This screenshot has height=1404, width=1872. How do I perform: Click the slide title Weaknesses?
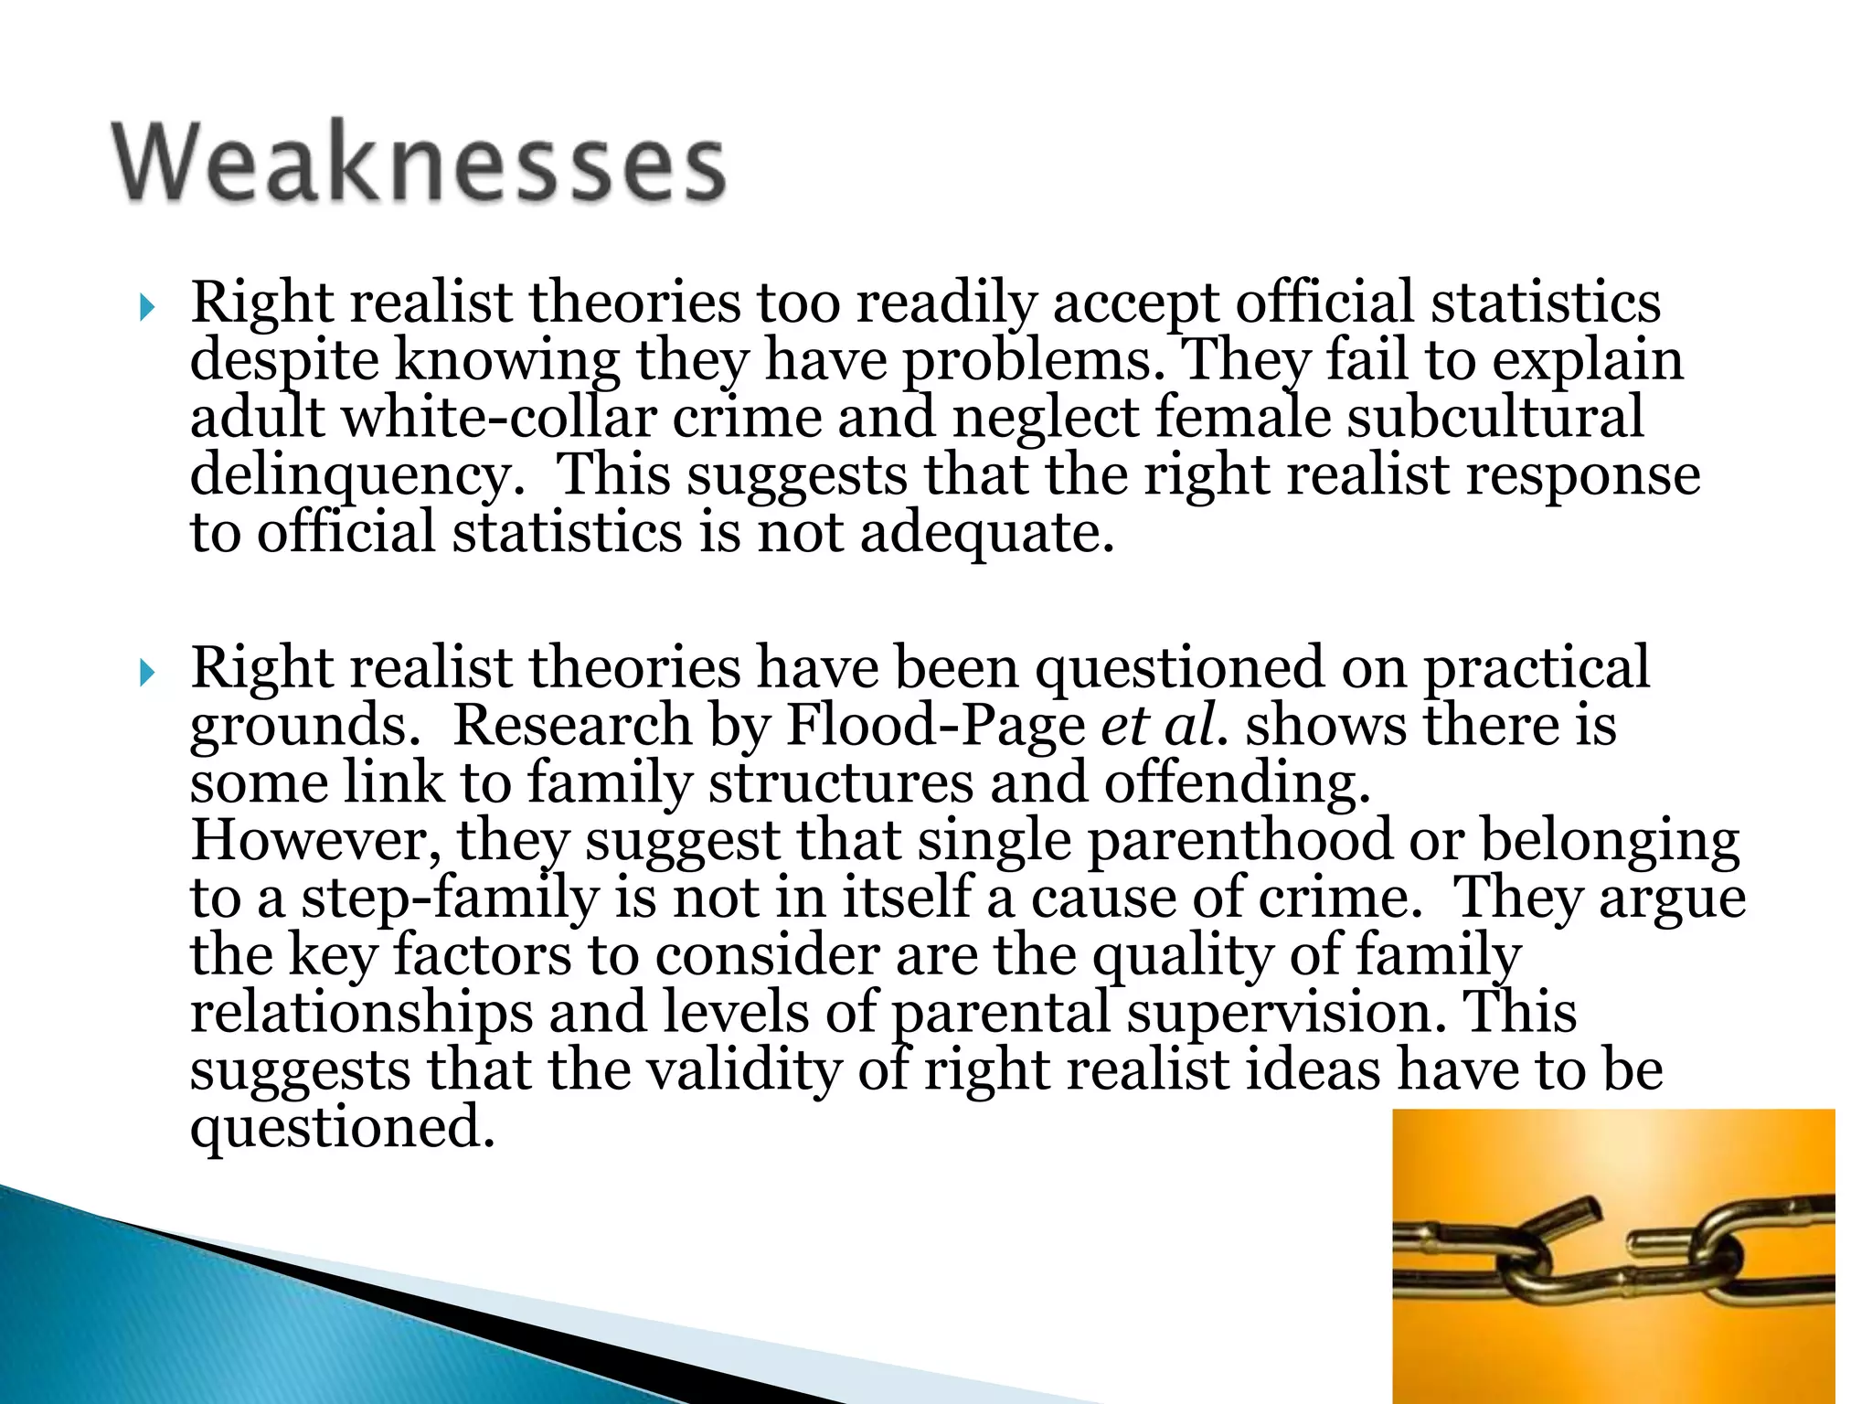(419, 162)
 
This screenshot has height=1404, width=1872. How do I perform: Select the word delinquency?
(357, 475)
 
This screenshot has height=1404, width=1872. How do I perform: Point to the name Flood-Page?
(935, 725)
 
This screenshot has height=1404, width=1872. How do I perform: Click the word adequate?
(987, 533)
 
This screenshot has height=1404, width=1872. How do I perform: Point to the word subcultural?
(1495, 417)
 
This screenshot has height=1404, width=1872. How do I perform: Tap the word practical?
(1537, 667)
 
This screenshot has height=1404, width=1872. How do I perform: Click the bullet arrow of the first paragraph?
(147, 309)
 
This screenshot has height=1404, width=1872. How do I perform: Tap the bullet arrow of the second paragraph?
(147, 675)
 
